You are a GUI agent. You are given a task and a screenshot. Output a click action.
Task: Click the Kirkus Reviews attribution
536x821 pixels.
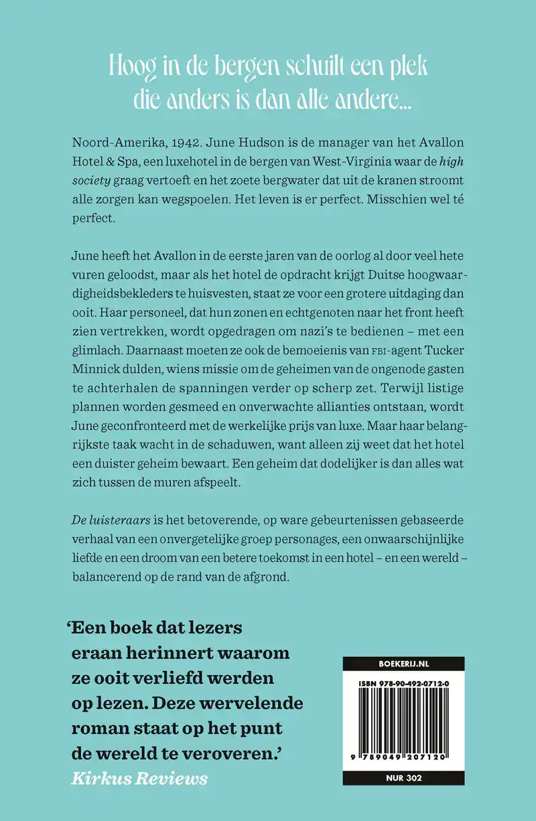tap(138, 778)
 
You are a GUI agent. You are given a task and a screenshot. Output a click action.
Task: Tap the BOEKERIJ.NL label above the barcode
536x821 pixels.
tap(403, 664)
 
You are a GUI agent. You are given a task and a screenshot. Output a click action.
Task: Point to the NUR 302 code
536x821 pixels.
tap(403, 779)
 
